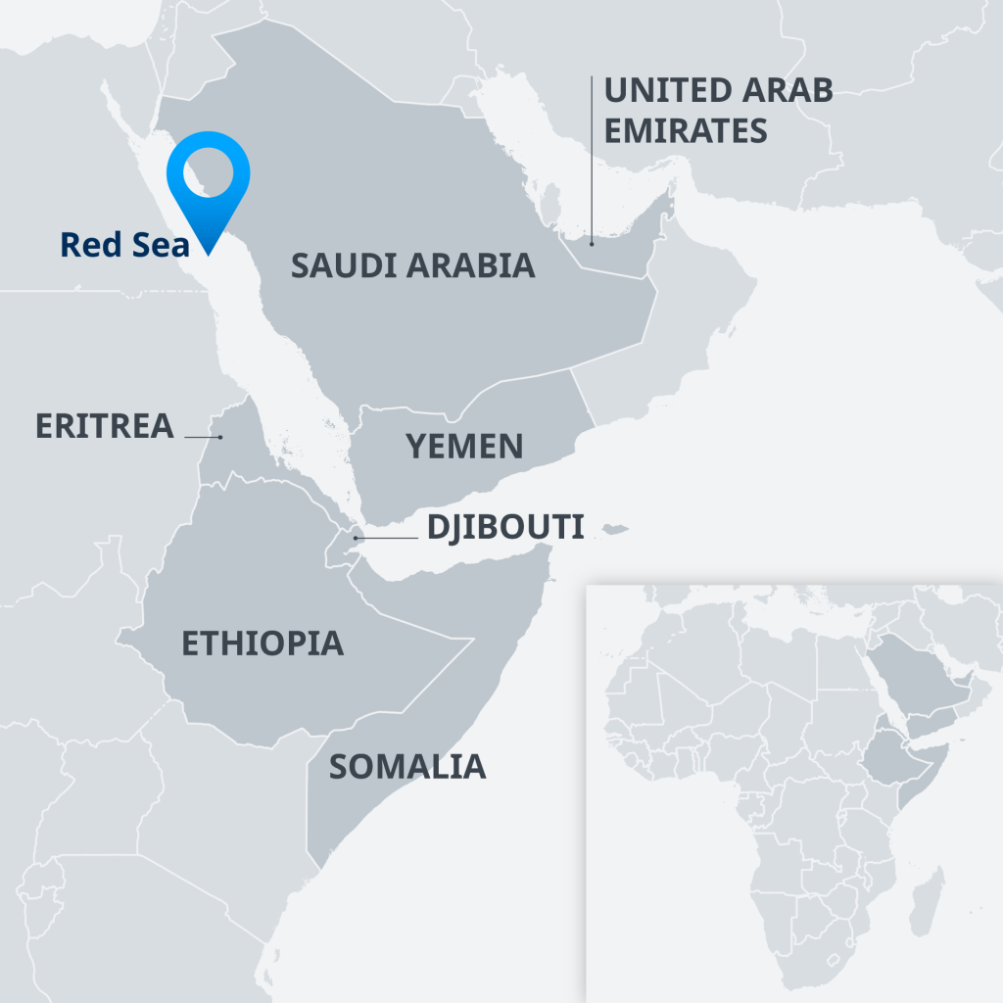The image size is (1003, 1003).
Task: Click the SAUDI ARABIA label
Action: pos(412,265)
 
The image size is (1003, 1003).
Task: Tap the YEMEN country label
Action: pos(464,447)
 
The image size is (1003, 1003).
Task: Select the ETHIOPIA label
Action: pos(263,644)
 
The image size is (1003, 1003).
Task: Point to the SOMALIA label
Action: pos(406,767)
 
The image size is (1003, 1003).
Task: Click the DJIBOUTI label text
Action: pos(504,528)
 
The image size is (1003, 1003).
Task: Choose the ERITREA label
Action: pos(104,426)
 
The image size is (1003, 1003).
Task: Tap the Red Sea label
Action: pos(124,244)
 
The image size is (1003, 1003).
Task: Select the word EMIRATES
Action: pos(686,130)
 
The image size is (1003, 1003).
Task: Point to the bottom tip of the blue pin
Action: pos(209,253)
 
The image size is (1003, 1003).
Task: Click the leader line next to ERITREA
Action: pos(203,436)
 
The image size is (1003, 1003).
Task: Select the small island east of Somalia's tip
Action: pos(614,530)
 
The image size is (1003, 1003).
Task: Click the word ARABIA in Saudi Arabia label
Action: pos(479,265)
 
